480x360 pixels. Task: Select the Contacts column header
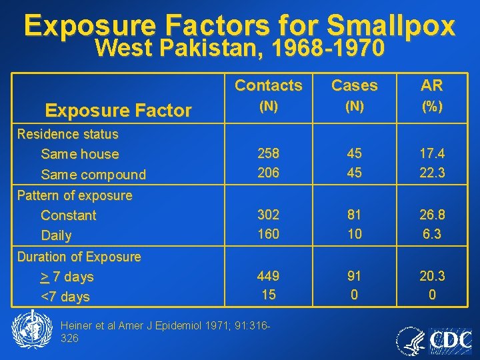click(269, 85)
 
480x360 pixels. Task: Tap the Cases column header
click(354, 85)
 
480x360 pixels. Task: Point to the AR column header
click(432, 85)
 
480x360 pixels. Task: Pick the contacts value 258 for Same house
click(269, 153)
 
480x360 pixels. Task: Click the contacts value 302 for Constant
click(269, 215)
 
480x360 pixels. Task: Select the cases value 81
click(354, 215)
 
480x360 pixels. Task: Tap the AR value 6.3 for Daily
click(432, 234)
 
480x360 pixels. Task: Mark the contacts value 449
click(269, 275)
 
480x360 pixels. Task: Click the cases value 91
click(354, 275)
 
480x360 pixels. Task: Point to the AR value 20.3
click(432, 275)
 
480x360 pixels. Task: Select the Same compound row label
click(93, 175)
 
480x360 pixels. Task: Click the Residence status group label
click(67, 134)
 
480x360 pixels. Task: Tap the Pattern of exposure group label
click(75, 195)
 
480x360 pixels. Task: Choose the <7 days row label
click(65, 297)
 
